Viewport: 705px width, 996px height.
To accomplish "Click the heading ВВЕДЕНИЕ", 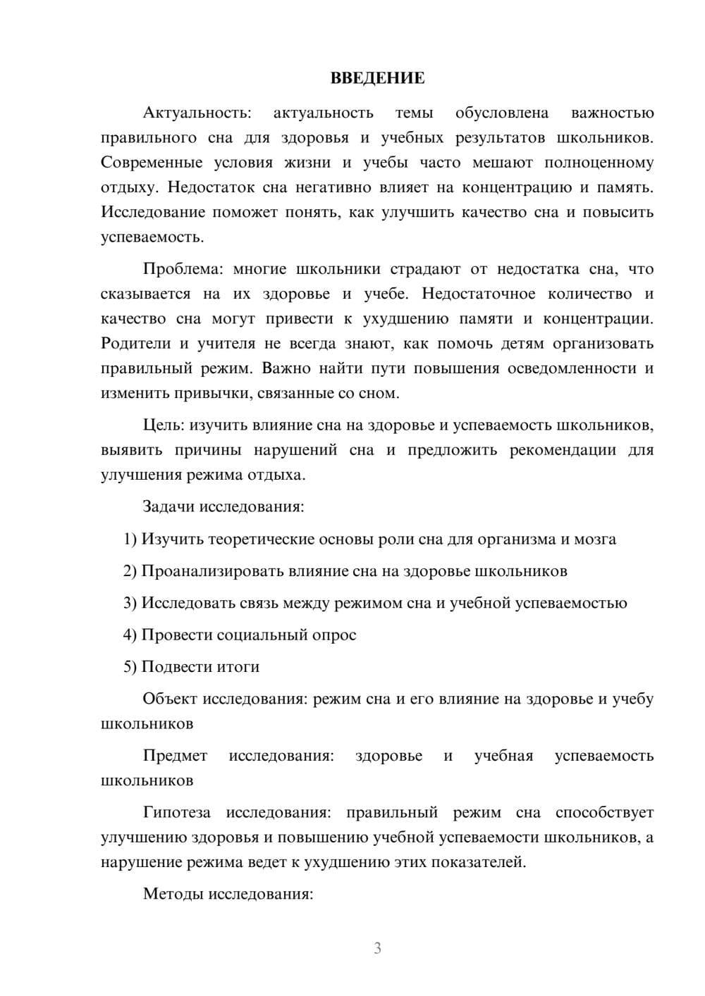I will click(377, 78).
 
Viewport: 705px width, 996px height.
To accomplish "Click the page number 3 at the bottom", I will click(377, 948).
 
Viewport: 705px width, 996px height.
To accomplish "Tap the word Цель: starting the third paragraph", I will click(164, 425).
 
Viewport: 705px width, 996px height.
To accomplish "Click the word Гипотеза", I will click(176, 813).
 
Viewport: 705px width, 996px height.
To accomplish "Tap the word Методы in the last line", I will click(169, 895).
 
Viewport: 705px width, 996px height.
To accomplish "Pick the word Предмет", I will click(175, 756).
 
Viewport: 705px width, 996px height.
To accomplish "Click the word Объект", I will click(170, 699).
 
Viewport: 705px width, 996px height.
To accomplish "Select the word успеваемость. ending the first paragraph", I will click(152, 237).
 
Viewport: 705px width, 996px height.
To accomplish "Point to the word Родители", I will click(135, 344).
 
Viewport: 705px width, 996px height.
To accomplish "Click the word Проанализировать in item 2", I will click(212, 571).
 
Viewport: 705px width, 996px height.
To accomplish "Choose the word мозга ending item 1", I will click(596, 540).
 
